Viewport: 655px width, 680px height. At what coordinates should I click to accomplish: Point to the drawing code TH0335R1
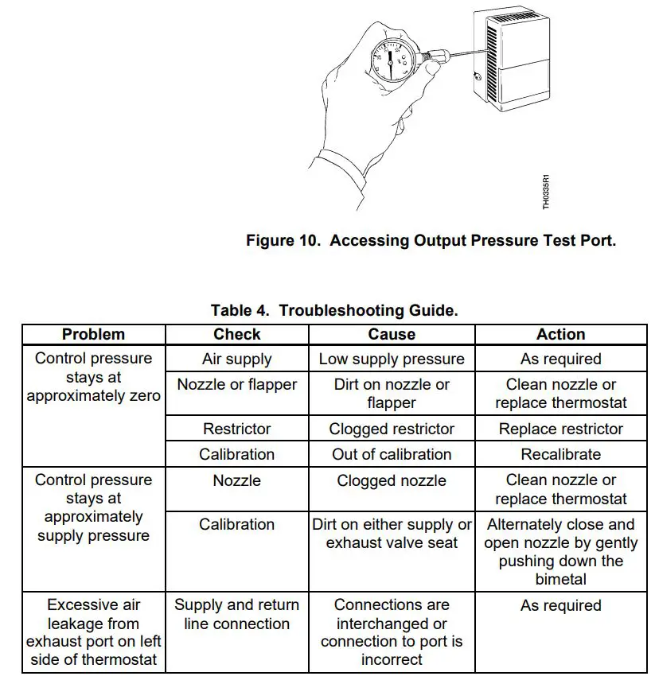click(x=546, y=192)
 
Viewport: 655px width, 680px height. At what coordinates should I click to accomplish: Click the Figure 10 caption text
click(x=431, y=240)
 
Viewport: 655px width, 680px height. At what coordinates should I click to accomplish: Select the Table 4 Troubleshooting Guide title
click(x=334, y=310)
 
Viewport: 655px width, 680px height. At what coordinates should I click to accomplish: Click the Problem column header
click(x=93, y=334)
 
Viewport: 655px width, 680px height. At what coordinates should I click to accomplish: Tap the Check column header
click(x=237, y=334)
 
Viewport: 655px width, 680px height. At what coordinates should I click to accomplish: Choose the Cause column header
click(x=392, y=334)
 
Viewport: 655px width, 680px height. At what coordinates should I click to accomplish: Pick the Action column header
click(x=560, y=334)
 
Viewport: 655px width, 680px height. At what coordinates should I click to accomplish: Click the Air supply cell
click(x=237, y=359)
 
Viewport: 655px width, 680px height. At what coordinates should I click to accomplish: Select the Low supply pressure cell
click(x=392, y=359)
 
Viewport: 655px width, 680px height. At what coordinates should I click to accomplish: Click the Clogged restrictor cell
click(x=392, y=429)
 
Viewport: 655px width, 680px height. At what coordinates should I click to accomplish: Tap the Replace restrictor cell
click(x=560, y=429)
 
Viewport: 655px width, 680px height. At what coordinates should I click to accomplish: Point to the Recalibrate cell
click(x=560, y=454)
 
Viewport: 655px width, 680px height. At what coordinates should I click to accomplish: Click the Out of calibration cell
click(x=392, y=454)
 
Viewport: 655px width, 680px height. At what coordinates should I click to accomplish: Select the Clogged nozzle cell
click(x=392, y=480)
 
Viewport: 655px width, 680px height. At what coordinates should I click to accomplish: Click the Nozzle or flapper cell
click(x=237, y=384)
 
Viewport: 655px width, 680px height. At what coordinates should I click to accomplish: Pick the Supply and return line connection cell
click(x=237, y=615)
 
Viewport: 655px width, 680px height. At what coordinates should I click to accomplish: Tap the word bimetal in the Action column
click(x=560, y=579)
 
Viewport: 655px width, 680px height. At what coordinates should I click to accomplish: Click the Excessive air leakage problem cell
click(x=93, y=633)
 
